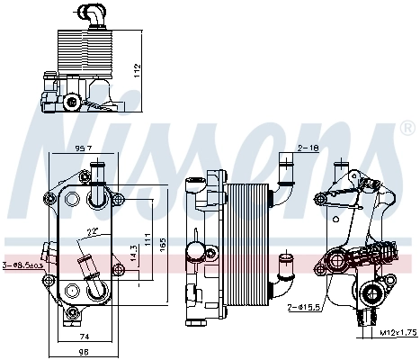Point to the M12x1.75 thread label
point(396,333)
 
